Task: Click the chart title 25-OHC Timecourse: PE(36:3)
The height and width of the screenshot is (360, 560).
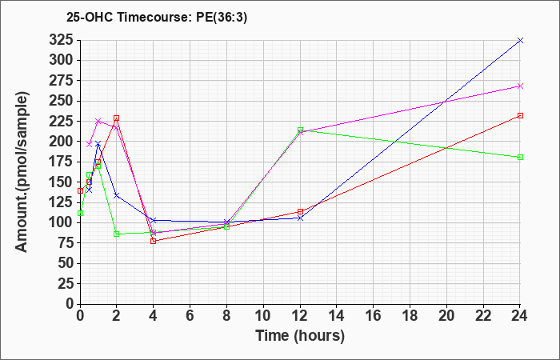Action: click(x=157, y=18)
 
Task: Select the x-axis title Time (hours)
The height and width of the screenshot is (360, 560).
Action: click(x=300, y=336)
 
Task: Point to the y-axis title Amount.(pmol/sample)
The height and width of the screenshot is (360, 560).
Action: click(x=22, y=172)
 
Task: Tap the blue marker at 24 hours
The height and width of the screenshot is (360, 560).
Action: click(x=520, y=40)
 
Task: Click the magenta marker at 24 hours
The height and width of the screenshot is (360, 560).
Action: click(x=520, y=86)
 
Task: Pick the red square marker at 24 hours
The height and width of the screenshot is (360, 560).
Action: click(x=520, y=116)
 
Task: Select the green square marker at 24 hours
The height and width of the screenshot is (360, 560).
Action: click(x=520, y=157)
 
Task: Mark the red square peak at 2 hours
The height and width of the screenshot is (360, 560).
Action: click(x=117, y=118)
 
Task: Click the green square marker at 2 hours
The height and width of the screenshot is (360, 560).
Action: click(x=117, y=234)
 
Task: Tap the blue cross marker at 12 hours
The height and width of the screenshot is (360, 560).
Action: click(x=300, y=218)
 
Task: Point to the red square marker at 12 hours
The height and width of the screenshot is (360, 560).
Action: click(x=300, y=211)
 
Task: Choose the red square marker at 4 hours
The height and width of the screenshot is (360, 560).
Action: click(x=154, y=241)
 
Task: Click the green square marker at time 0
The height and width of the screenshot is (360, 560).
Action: click(x=80, y=214)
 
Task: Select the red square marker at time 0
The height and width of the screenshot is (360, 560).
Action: click(x=80, y=190)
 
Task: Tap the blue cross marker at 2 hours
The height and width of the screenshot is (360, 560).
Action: click(x=117, y=195)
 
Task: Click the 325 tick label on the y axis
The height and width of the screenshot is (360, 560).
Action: click(x=61, y=40)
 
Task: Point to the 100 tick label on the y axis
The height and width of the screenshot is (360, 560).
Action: click(x=61, y=222)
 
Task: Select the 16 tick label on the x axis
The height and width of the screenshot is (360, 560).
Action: click(x=374, y=316)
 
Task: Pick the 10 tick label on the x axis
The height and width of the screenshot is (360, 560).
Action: click(x=263, y=316)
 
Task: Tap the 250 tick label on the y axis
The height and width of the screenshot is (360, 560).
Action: click(x=61, y=101)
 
